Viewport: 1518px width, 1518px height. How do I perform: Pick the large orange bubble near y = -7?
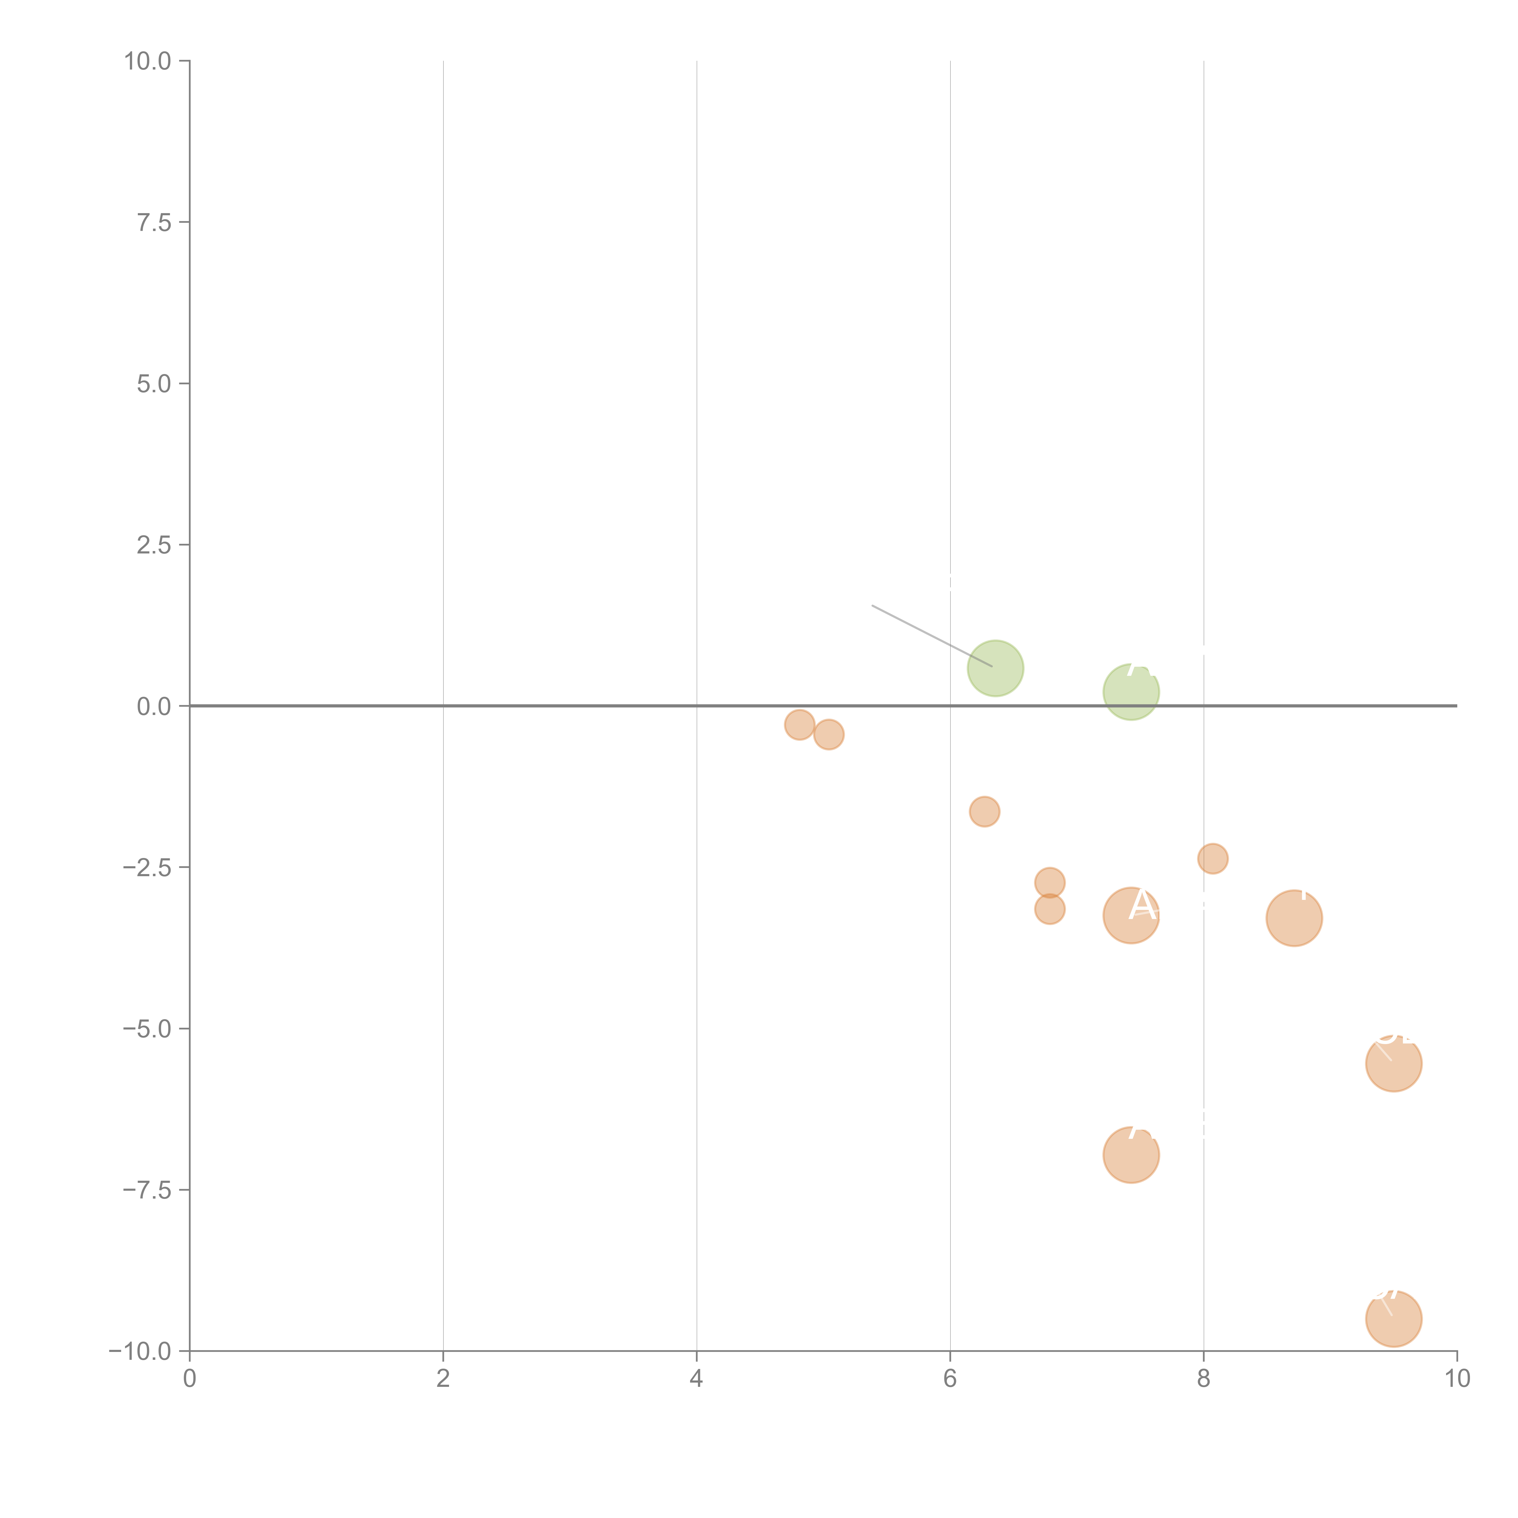1131,1155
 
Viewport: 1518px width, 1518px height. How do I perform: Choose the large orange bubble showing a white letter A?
1131,915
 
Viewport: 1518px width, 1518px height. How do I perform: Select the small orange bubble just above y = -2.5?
1212,858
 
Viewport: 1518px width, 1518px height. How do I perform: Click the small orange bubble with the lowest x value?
799,724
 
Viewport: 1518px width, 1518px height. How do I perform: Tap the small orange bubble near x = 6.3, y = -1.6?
985,812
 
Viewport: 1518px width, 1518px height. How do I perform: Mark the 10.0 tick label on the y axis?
148,61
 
